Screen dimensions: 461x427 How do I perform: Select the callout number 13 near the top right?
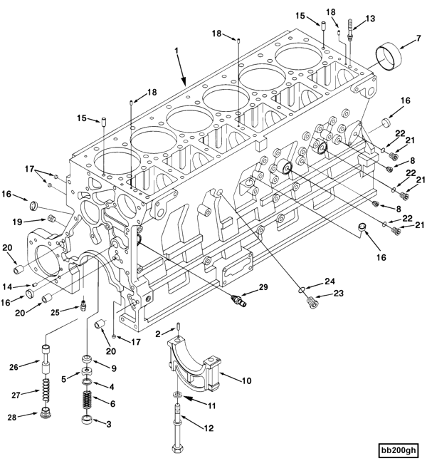[369, 19]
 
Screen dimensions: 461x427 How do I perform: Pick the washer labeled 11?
[176, 394]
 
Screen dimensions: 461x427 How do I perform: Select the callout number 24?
[330, 280]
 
